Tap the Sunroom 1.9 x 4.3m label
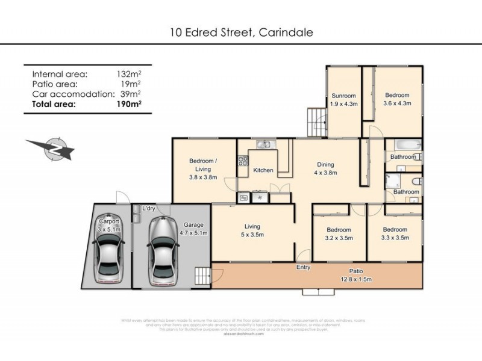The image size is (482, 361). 344,100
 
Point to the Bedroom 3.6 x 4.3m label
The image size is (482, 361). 397,99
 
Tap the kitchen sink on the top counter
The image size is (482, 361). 263,144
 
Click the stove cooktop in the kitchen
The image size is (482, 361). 243,161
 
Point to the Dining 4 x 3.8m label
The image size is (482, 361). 325,168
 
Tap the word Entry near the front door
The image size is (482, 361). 303,267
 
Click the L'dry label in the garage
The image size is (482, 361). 148,208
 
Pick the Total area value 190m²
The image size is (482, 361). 129,104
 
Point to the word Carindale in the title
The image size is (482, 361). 286,32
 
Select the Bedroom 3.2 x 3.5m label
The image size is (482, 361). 339,233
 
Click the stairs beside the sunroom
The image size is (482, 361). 316,121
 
